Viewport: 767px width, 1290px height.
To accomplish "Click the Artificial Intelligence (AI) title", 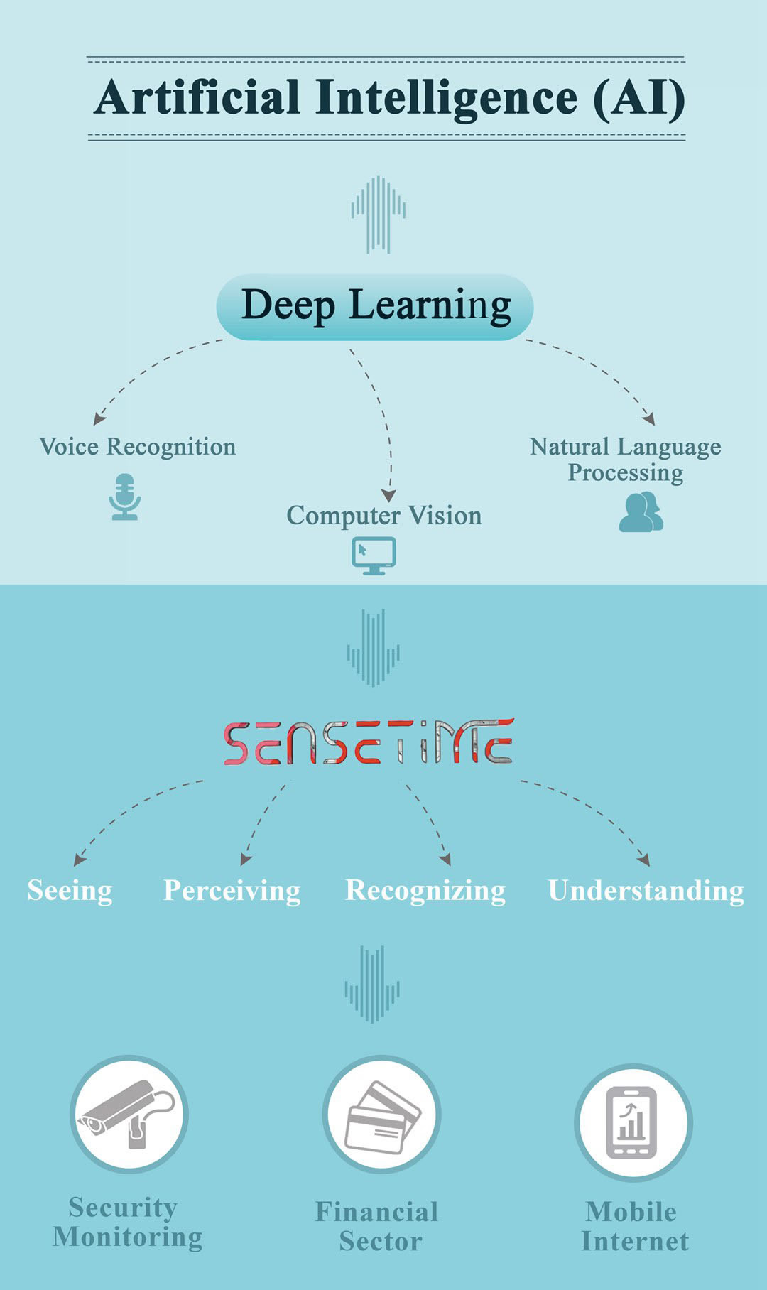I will tap(389, 98).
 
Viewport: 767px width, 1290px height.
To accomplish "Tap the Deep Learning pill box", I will tap(375, 307).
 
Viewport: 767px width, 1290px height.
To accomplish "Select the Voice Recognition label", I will tap(137, 447).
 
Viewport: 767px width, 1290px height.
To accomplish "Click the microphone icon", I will tap(125, 497).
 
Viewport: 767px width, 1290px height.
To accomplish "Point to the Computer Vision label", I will tap(383, 516).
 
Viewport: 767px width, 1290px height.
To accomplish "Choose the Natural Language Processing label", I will tap(625, 459).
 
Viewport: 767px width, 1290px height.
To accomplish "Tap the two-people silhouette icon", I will tap(641, 512).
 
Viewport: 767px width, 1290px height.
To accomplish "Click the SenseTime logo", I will tap(369, 742).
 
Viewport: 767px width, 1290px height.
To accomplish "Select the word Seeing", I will tap(70, 891).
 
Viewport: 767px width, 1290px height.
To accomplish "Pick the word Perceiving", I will tap(232, 891).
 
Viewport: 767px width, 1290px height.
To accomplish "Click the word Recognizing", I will tap(425, 891).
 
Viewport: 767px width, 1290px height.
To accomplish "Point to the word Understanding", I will tap(646, 891).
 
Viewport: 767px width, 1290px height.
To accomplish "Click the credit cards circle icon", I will tap(381, 1115).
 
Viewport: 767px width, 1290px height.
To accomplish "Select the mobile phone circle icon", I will tap(633, 1122).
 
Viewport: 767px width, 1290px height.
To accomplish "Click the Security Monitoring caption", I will tap(127, 1223).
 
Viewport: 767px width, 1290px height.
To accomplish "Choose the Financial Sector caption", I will tap(378, 1227).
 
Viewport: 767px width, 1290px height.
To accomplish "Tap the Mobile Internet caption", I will tap(633, 1227).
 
